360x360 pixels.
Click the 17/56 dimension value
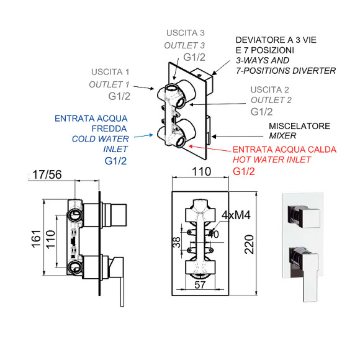click(x=47, y=174)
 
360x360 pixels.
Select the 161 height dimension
click(x=36, y=239)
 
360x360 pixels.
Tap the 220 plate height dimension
click(x=249, y=245)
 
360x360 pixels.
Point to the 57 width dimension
click(x=200, y=285)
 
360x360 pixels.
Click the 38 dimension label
click(x=177, y=243)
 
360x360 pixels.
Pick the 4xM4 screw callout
click(x=236, y=215)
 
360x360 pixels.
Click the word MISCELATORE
click(x=299, y=126)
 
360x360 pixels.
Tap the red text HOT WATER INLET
click(x=272, y=160)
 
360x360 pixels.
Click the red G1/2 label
click(x=244, y=171)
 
